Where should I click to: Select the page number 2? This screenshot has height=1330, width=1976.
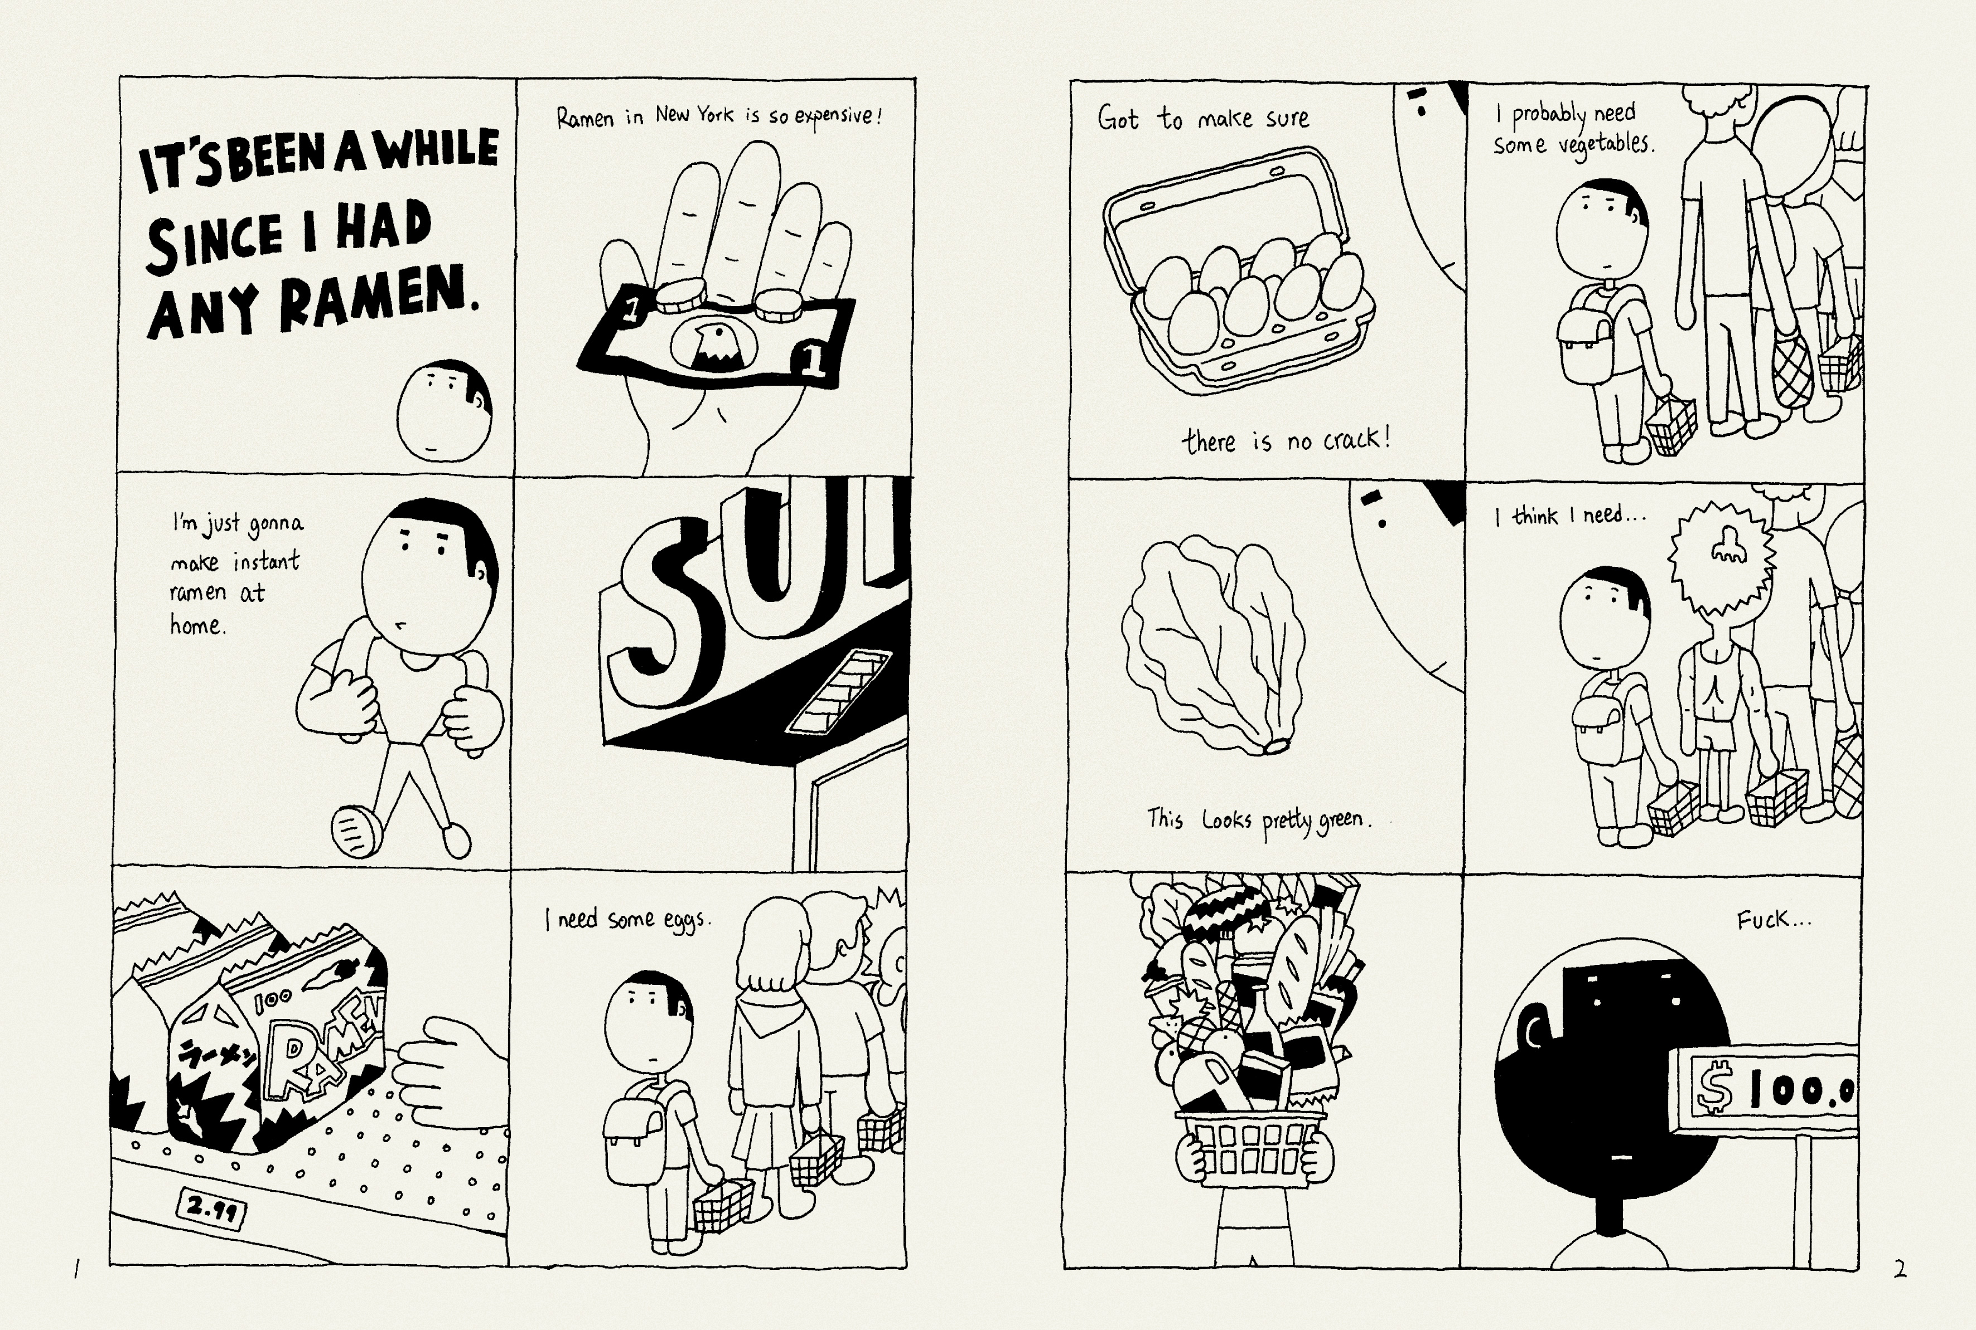1900,1270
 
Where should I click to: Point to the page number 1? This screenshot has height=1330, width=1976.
76,1270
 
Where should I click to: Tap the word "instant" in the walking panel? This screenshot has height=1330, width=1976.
267,560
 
